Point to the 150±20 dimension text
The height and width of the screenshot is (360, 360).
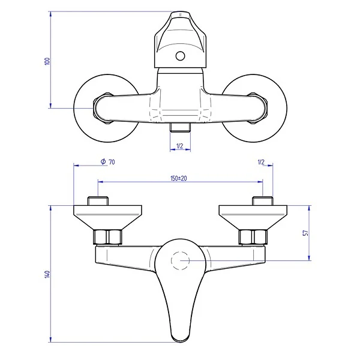tap(179, 179)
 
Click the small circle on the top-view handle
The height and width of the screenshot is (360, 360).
tap(179, 57)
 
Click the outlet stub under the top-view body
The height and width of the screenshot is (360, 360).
tap(179, 128)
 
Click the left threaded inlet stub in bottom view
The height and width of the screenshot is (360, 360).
tap(97, 201)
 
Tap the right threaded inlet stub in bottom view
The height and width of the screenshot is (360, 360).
tap(263, 201)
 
